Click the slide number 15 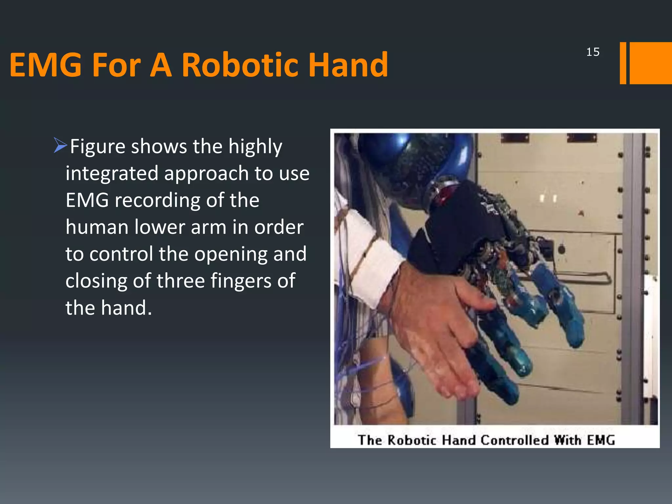[x=593, y=52]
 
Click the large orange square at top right [x=651, y=63]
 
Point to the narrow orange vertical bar [x=623, y=63]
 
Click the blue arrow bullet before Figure [x=60, y=145]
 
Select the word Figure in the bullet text [x=97, y=147]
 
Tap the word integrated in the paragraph [x=112, y=174]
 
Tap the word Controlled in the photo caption [x=514, y=440]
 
